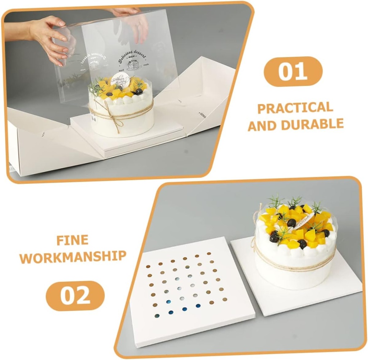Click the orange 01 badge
point(293,71)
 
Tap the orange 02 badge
point(75,295)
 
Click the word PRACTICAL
point(295,108)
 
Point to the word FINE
point(72,240)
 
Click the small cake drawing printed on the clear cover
point(133,65)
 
